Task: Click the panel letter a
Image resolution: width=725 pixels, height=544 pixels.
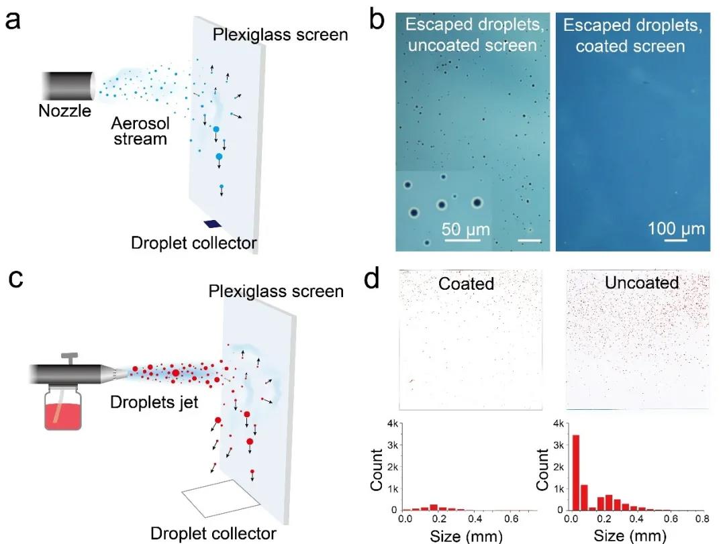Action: [13, 19]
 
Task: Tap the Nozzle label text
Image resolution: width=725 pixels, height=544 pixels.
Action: [64, 111]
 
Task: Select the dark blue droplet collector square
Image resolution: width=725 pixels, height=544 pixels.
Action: [213, 224]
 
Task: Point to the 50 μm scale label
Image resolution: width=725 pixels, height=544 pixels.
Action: [465, 230]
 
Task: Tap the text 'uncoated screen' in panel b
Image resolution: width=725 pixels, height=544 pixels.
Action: [474, 46]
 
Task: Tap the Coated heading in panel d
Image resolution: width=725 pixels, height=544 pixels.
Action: [466, 283]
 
